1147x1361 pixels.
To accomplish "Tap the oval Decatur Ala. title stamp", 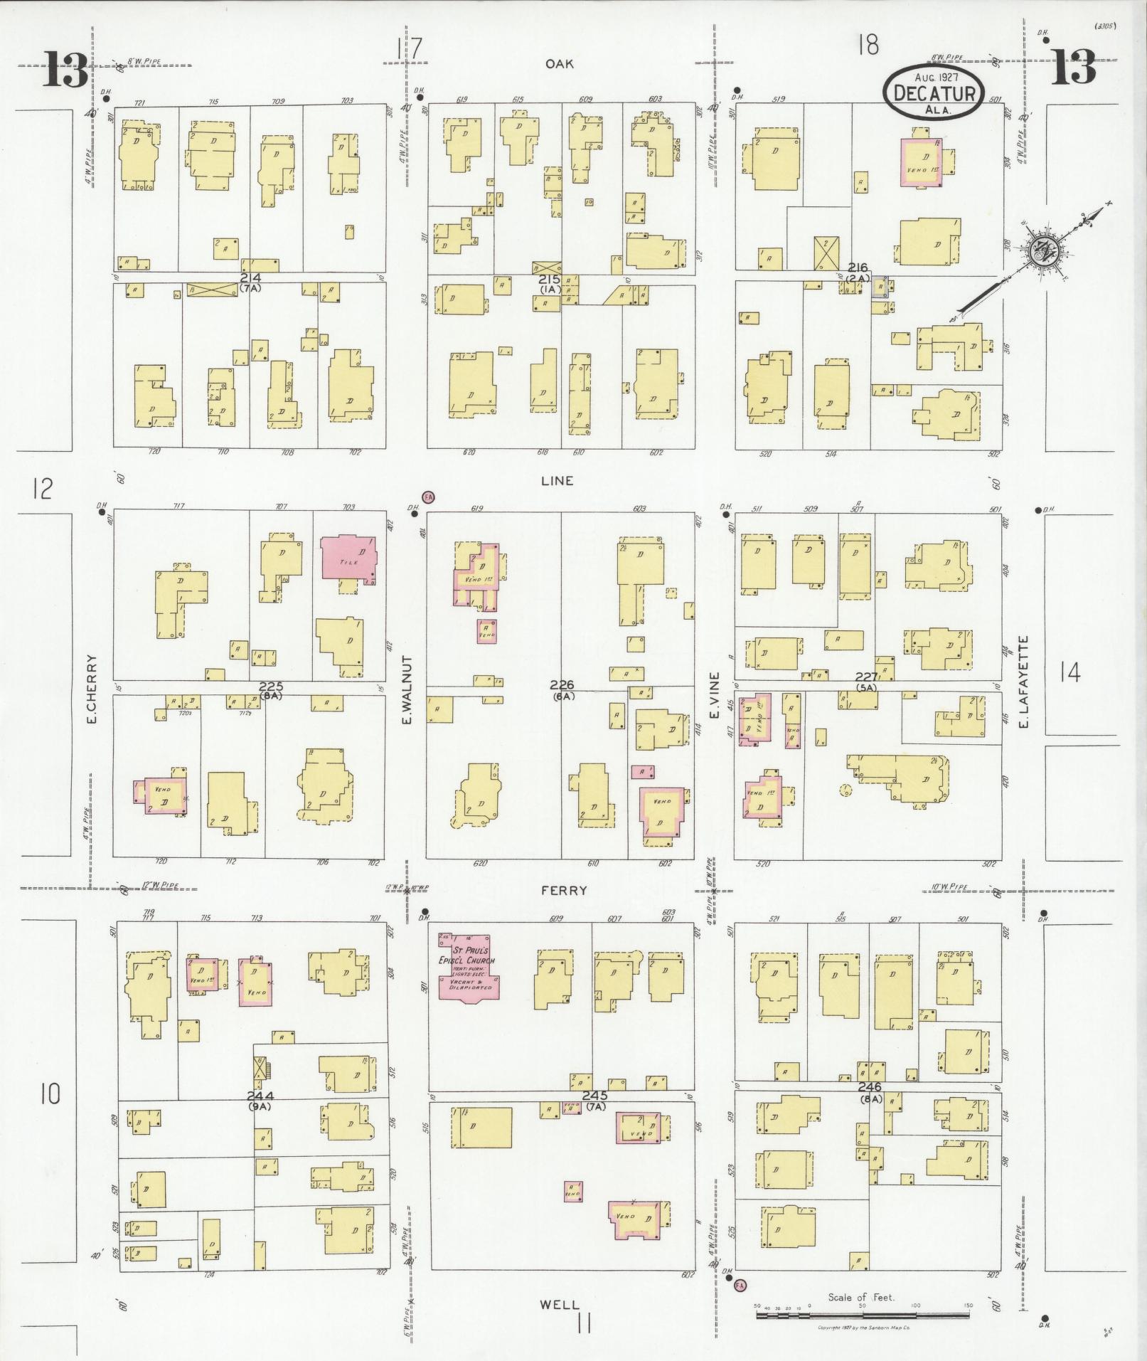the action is (x=933, y=92).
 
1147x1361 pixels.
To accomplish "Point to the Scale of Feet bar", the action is (x=861, y=1316).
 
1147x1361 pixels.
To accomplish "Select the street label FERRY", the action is (x=564, y=890).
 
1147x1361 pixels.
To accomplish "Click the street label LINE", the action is (x=557, y=481).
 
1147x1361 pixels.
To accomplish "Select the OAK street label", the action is (x=560, y=64).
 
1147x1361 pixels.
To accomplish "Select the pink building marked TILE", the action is (x=348, y=559).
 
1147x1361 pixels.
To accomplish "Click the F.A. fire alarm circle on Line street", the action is (x=428, y=497).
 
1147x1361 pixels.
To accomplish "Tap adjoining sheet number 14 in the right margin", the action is (x=1069, y=672).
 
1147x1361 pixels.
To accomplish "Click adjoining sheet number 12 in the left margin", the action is (x=43, y=489).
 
